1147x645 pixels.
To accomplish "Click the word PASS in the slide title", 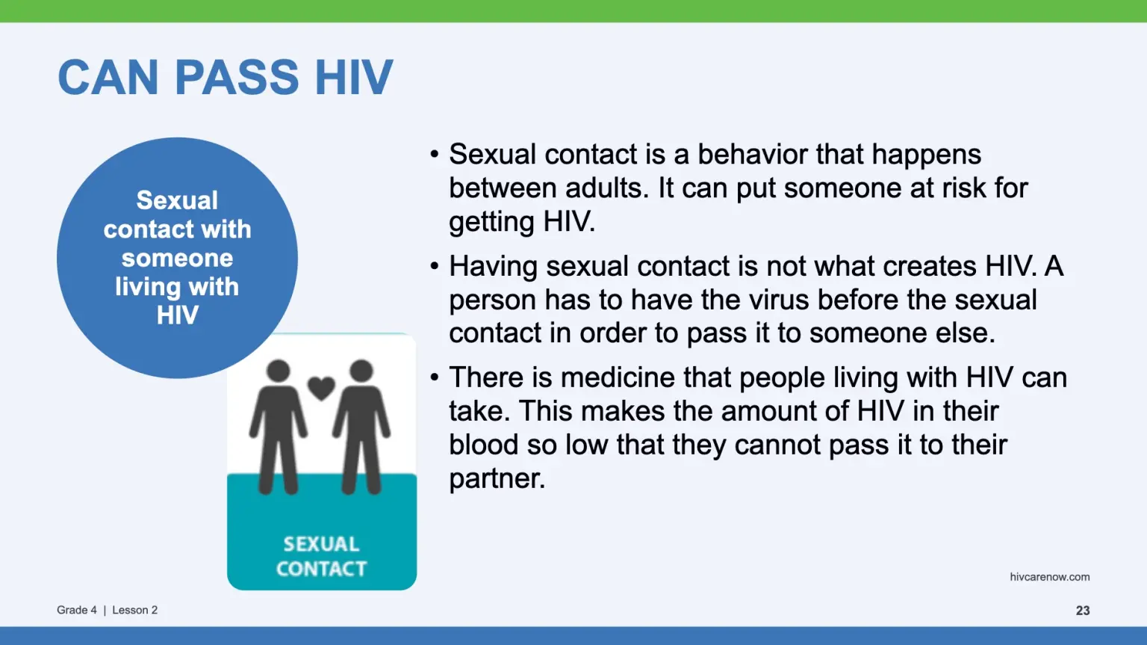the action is [237, 78].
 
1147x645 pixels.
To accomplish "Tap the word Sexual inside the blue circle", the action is [177, 200].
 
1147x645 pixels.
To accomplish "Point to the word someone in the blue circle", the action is [177, 258].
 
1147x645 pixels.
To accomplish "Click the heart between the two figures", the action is [321, 388].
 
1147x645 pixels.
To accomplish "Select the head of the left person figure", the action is [278, 371].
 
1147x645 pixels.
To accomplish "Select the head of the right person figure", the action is [361, 371].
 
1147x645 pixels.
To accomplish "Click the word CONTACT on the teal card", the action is [322, 569].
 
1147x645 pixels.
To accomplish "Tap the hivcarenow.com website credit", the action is [1050, 577].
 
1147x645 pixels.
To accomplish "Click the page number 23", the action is [1083, 610].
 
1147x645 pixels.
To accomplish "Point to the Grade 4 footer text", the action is [77, 610].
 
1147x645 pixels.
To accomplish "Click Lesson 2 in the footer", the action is [134, 610].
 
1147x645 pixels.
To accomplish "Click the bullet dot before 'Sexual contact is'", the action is [435, 154].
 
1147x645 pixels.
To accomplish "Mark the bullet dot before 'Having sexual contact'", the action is [435, 266].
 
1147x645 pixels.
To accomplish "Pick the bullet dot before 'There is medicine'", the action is [435, 377].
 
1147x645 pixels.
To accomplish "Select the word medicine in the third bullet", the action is [618, 377].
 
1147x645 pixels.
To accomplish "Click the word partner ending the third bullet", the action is [497, 479].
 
